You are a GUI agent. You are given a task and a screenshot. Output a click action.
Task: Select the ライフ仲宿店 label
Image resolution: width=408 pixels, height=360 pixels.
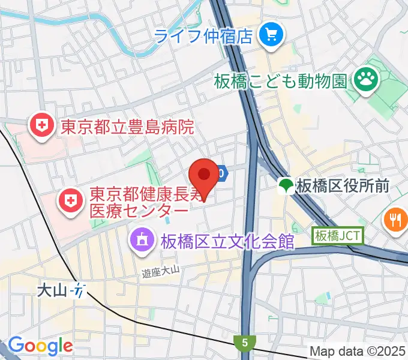tap(203, 36)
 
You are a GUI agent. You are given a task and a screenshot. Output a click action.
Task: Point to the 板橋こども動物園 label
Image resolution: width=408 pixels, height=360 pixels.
tap(280, 80)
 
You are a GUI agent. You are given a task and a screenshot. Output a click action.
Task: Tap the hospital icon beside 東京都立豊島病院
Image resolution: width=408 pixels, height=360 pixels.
tap(41, 126)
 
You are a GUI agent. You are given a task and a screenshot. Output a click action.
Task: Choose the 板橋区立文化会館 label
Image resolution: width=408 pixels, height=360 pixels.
tap(227, 241)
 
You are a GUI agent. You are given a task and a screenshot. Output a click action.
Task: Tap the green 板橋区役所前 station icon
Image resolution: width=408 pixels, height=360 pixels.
tap(286, 186)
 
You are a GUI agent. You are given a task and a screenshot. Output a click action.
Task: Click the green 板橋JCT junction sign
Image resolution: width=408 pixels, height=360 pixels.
tap(338, 236)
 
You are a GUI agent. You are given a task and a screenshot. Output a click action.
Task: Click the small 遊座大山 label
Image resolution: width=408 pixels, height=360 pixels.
tap(161, 272)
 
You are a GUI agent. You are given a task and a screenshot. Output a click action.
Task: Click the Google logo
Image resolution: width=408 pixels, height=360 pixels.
tap(40, 346)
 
